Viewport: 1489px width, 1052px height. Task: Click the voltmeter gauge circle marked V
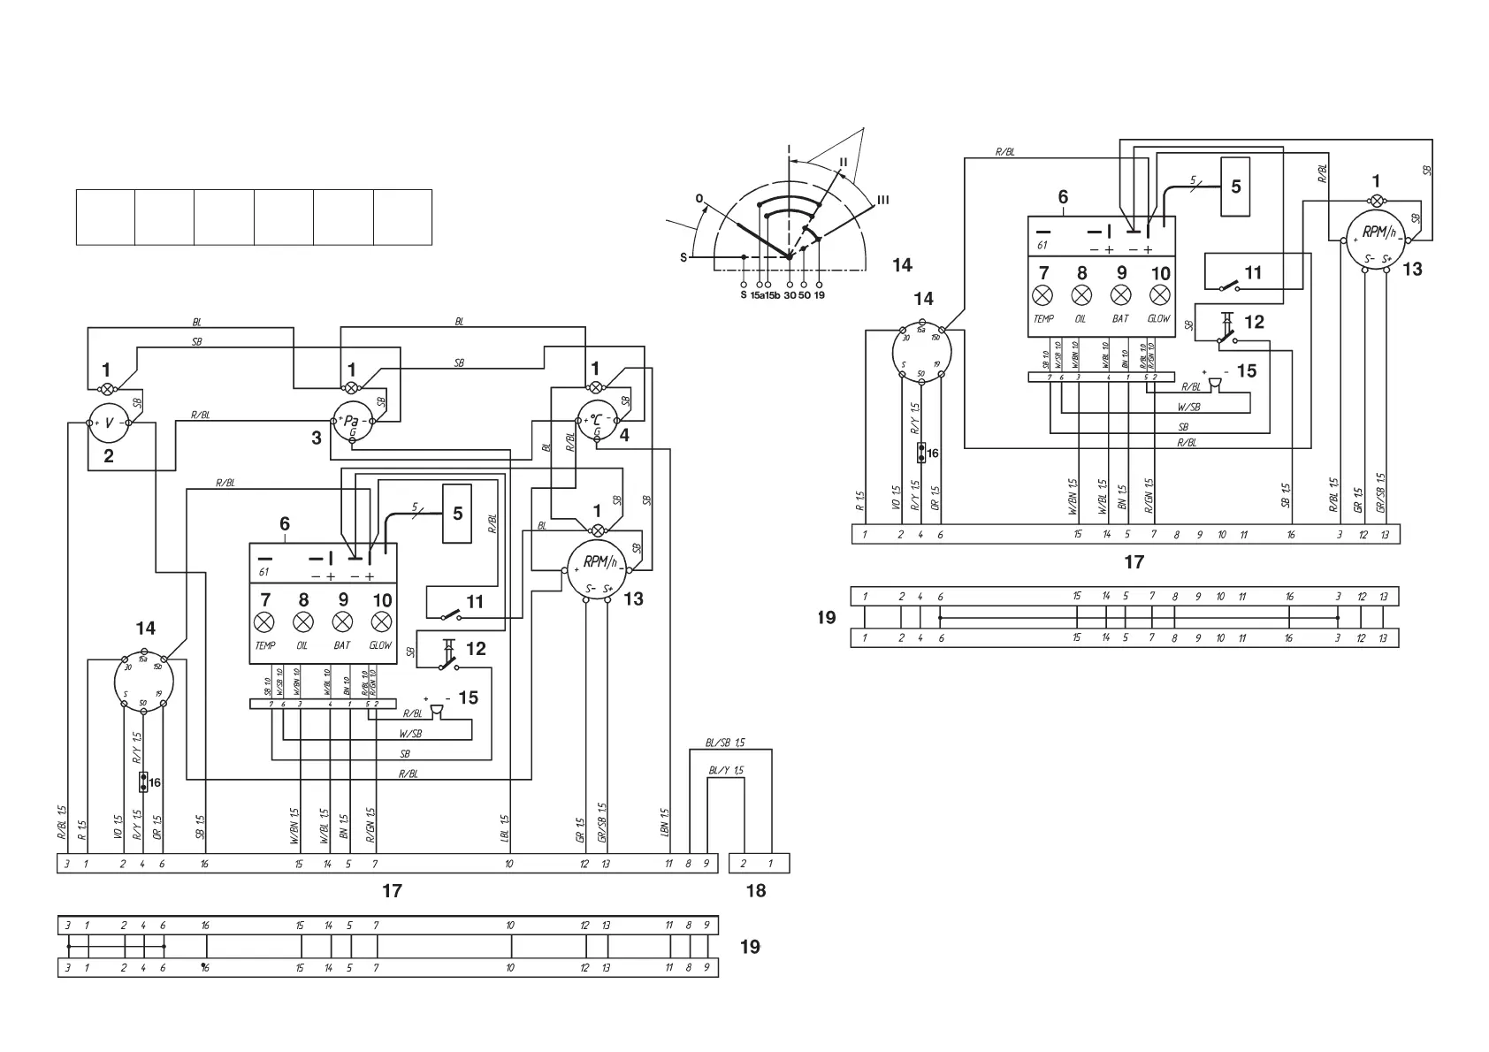tap(109, 423)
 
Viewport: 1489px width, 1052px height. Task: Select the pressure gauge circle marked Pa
tap(352, 423)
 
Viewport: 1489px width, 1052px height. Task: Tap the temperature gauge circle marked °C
tap(597, 422)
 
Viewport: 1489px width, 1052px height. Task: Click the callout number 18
tap(756, 890)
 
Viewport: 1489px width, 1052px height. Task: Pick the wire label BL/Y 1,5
tap(726, 770)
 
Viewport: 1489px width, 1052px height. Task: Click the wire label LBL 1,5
tap(505, 825)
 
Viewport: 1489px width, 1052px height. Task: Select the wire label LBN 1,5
tap(665, 823)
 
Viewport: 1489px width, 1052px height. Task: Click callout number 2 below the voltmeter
tap(109, 456)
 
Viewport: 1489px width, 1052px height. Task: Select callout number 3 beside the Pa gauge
tap(317, 437)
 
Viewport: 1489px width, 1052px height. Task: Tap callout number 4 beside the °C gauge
tap(624, 435)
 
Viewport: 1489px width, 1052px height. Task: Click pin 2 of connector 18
tap(744, 864)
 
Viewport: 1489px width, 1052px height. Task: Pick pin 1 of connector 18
tap(770, 864)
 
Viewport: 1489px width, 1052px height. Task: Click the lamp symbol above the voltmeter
tap(107, 389)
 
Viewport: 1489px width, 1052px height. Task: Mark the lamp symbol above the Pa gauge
tap(351, 388)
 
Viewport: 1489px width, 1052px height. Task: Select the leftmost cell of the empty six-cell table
tap(105, 217)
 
